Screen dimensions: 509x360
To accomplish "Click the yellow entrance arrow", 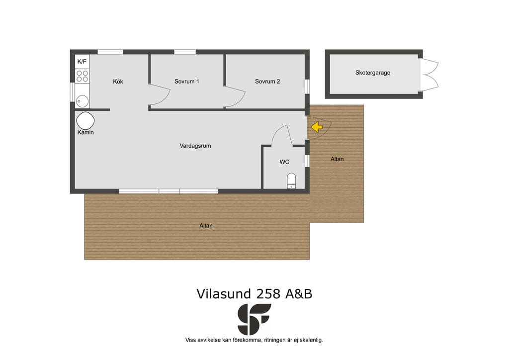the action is pos(317,127).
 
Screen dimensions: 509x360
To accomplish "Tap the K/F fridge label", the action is pos(82,61).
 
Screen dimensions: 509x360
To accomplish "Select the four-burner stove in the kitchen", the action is pos(82,76).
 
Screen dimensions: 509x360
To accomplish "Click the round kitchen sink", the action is pos(82,101).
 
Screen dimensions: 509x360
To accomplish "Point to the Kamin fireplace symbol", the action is pos(85,121).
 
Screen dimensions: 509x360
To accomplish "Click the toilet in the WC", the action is pos(291,181).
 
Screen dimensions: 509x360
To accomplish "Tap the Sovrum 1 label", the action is pos(187,82).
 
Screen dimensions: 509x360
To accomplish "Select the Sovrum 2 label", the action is pos(267,82).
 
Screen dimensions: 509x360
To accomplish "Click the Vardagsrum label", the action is pos(195,146).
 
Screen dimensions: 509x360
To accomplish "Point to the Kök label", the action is pos(118,82).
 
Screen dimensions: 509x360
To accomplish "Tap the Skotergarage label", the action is pos(373,73).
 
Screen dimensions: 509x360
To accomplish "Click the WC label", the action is pos(284,162).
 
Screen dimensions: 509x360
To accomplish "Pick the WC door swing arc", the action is pos(275,131).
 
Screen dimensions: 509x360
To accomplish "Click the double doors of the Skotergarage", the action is pos(429,75).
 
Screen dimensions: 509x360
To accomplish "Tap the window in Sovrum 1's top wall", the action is pos(185,52).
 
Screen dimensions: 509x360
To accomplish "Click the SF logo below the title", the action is pos(254,319).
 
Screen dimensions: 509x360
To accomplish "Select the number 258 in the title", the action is pos(268,294).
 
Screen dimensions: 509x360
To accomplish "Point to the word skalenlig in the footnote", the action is pos(311,340).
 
